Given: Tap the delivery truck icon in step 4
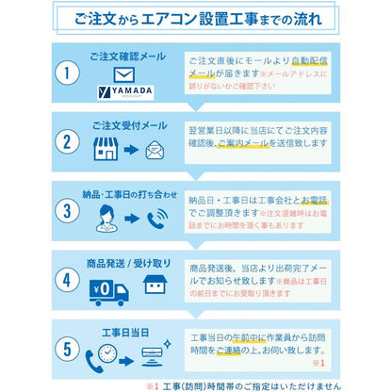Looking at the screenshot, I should coord(109,290).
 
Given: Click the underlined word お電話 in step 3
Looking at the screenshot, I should coord(316,200).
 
